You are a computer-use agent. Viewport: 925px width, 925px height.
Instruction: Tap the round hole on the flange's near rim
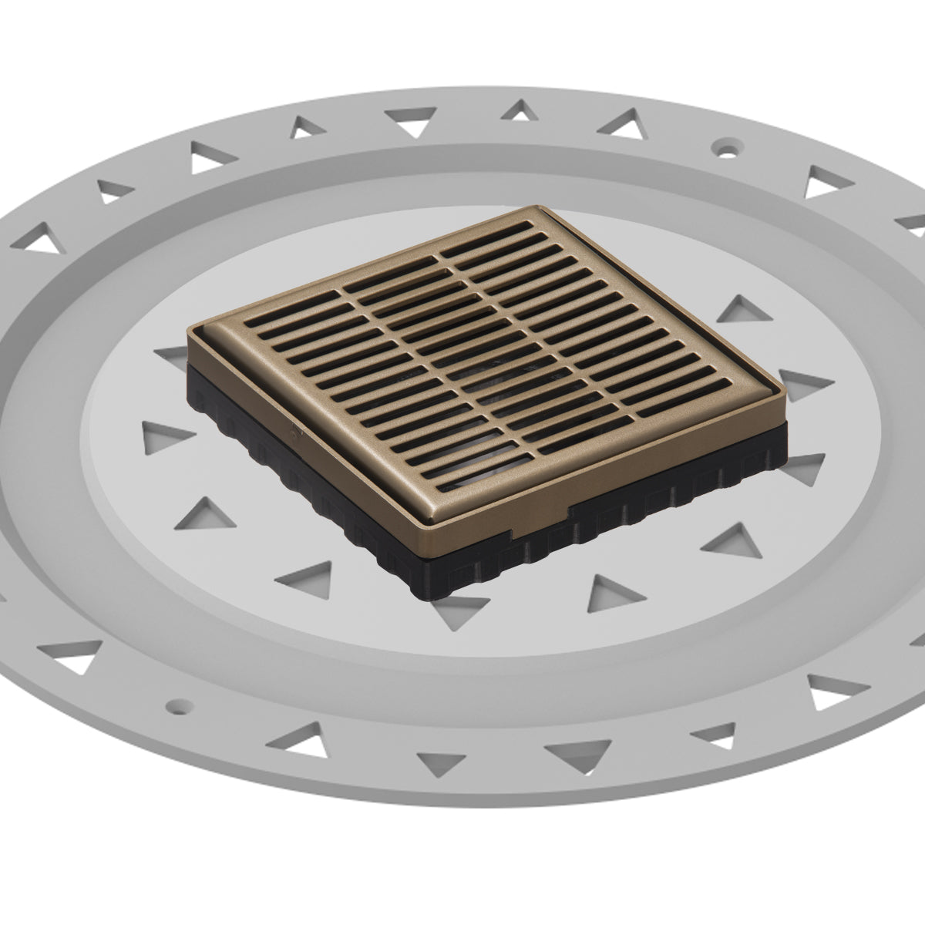pyautogui.click(x=179, y=704)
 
